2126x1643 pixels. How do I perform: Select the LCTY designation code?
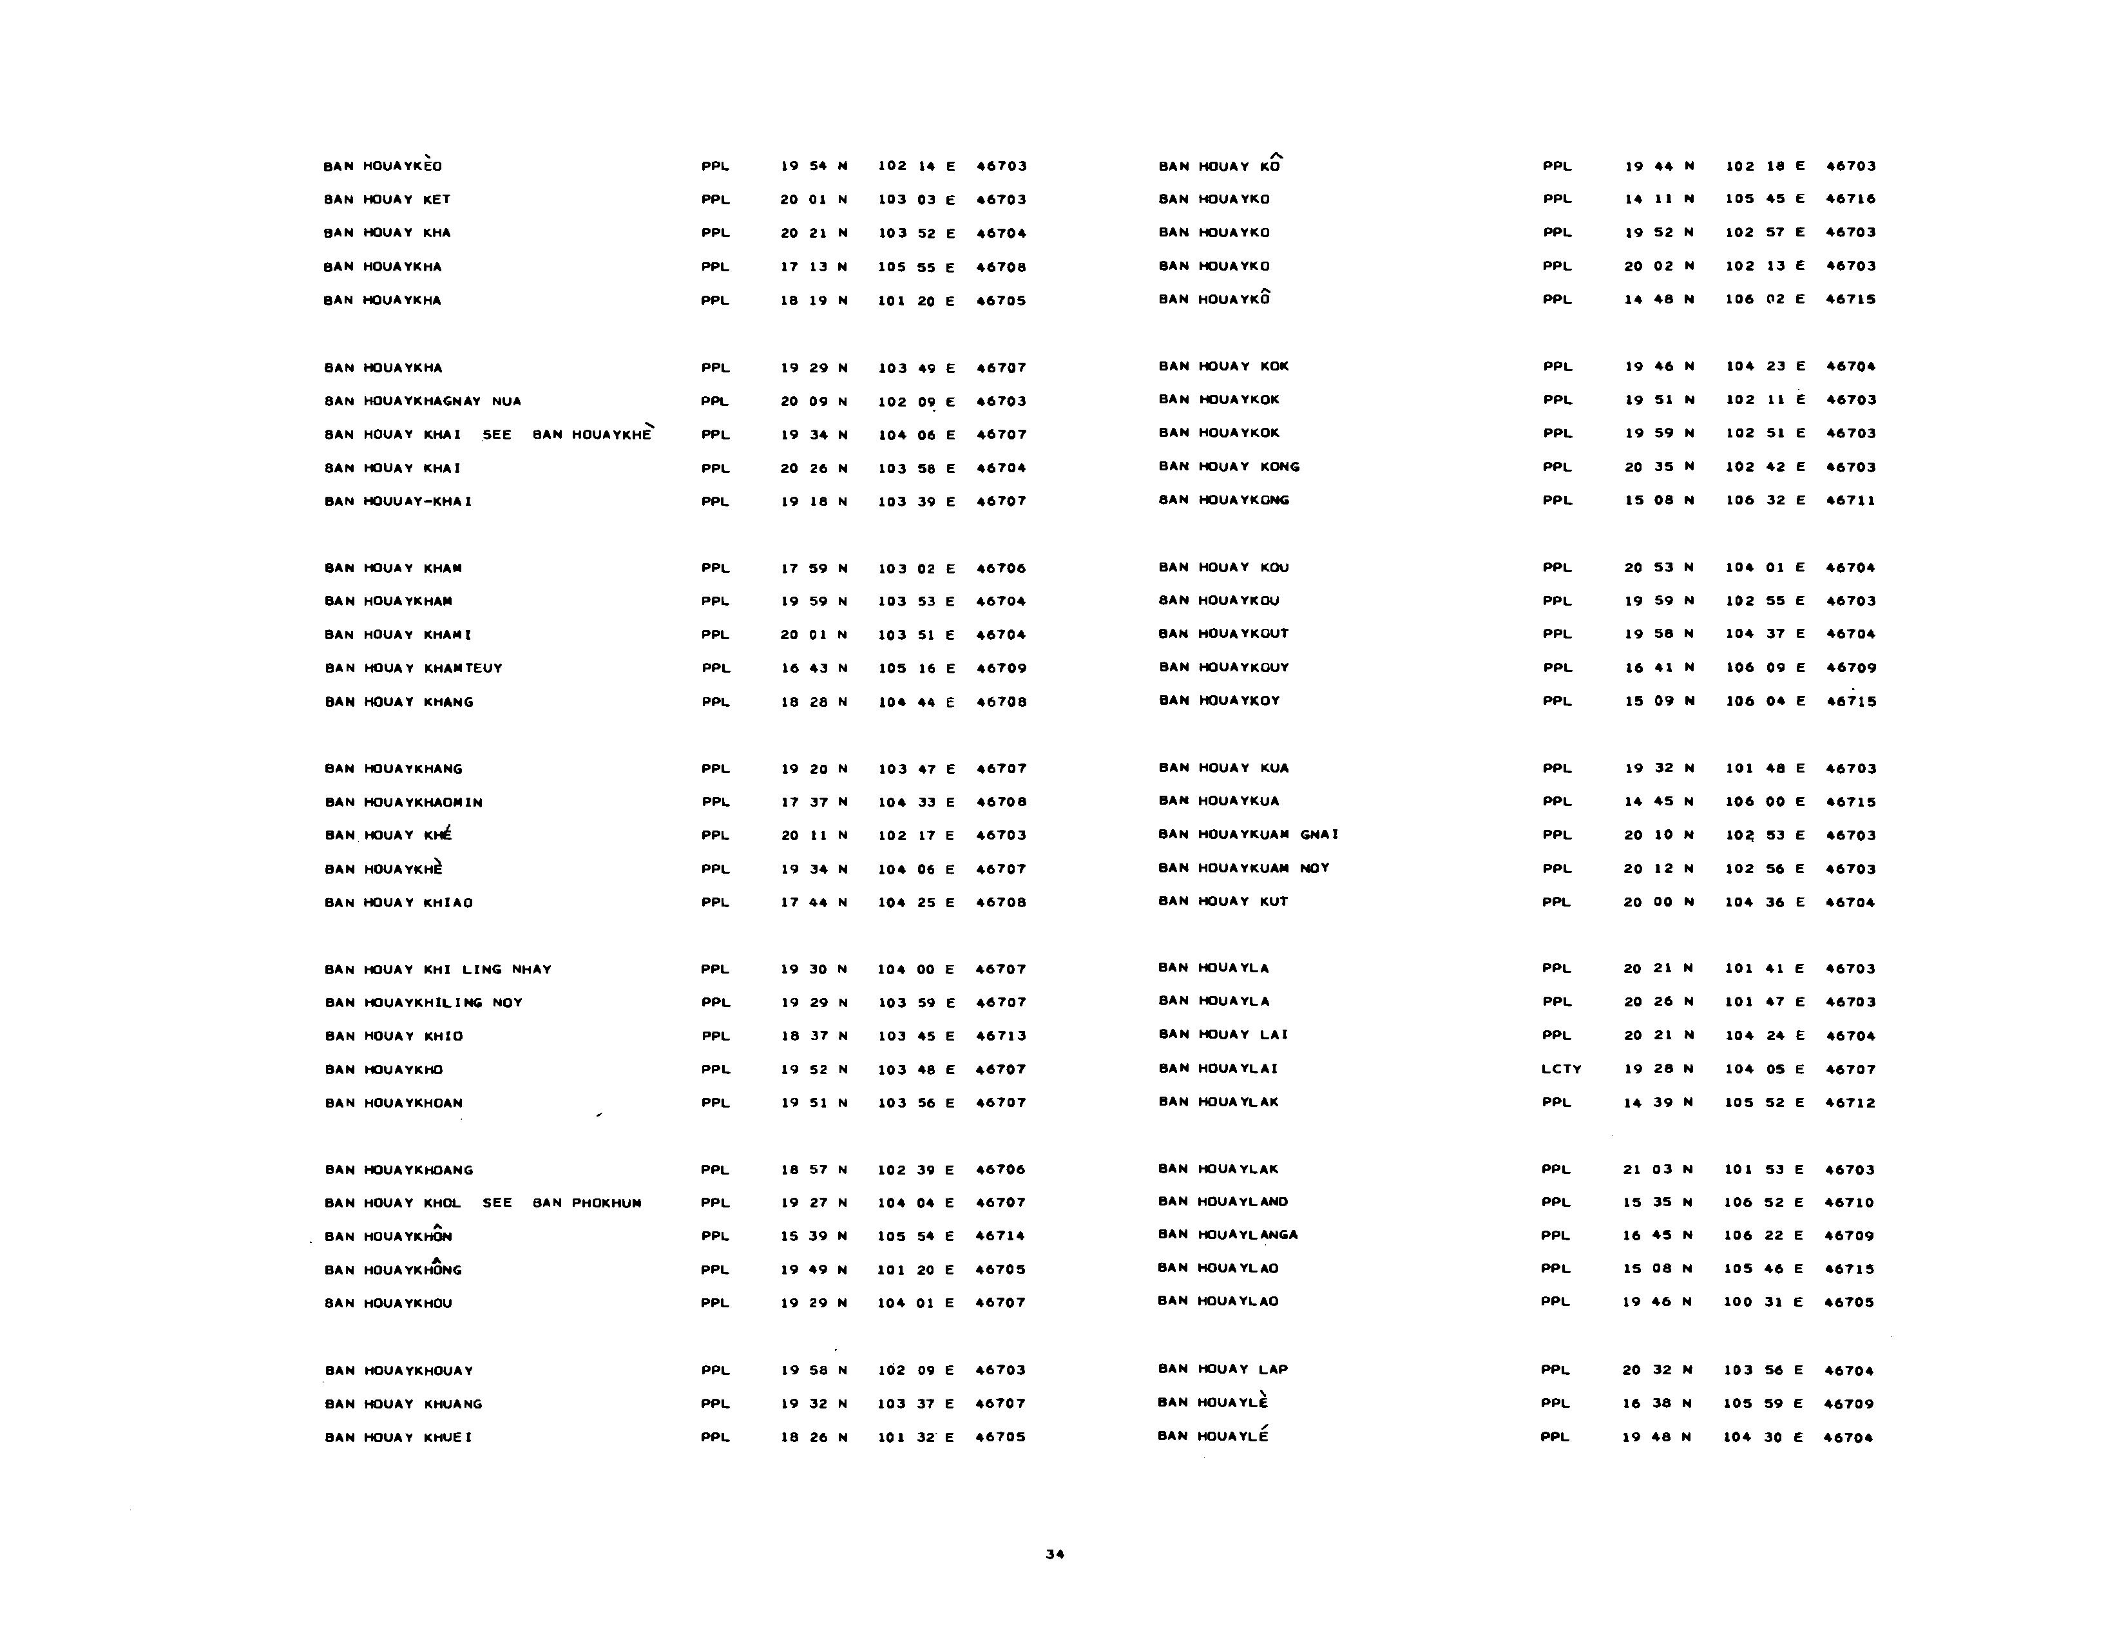pyautogui.click(x=1562, y=1069)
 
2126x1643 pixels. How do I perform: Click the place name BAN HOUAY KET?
pyautogui.click(x=387, y=200)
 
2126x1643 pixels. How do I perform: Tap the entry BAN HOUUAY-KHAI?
pyautogui.click(x=398, y=501)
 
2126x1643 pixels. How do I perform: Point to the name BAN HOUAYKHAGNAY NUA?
pyautogui.click(x=423, y=401)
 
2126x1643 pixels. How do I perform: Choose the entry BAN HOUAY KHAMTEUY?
pyautogui.click(x=414, y=668)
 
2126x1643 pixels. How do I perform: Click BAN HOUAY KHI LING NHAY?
pyautogui.click(x=438, y=970)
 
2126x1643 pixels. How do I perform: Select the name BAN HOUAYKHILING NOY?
pyautogui.click(x=423, y=1003)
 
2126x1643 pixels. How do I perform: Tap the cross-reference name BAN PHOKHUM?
pyautogui.click(x=587, y=1203)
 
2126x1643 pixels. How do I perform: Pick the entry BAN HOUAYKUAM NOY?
pyautogui.click(x=1244, y=869)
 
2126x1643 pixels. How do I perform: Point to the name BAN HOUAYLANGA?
pyautogui.click(x=1227, y=1235)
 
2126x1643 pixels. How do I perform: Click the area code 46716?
pyautogui.click(x=1850, y=198)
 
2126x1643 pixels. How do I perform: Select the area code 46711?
pyautogui.click(x=1850, y=500)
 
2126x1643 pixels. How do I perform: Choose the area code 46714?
pyautogui.click(x=1001, y=1236)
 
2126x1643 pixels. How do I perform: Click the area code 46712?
pyautogui.click(x=1850, y=1103)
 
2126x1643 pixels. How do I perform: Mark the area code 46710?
pyautogui.click(x=1850, y=1202)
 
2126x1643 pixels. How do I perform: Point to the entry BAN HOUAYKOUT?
pyautogui.click(x=1223, y=633)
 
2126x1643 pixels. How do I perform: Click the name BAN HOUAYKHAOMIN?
pyautogui.click(x=403, y=802)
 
